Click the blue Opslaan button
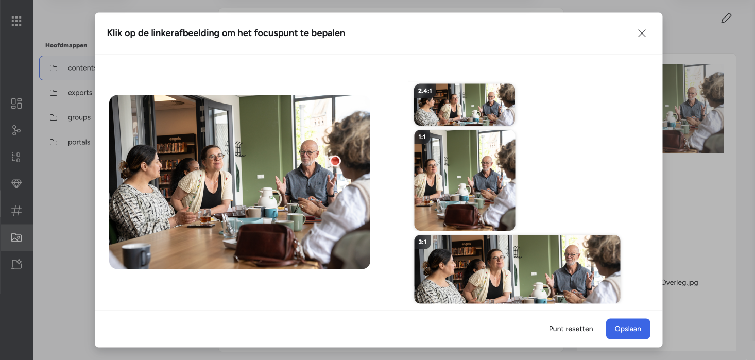(x=628, y=329)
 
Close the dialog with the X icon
(x=642, y=33)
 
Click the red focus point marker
(x=335, y=161)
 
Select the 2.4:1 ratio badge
(x=425, y=91)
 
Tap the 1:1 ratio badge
(x=422, y=137)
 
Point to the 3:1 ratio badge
(x=422, y=242)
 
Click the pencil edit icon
(x=726, y=18)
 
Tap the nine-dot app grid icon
(x=16, y=21)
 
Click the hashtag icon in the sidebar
(x=16, y=211)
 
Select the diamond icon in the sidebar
(x=16, y=184)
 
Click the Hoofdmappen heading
(x=66, y=45)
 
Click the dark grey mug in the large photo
(x=136, y=255)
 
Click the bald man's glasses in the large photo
(x=307, y=153)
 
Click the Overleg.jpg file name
(x=680, y=282)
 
